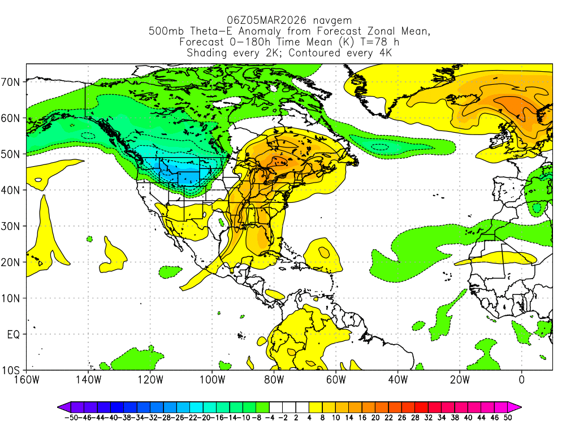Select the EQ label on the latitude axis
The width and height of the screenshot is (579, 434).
(x=14, y=335)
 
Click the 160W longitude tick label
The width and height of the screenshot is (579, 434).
(x=26, y=379)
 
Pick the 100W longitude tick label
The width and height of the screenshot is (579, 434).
(x=211, y=379)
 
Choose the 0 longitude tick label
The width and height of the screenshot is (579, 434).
(x=521, y=379)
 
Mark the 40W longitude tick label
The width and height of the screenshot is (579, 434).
(x=397, y=379)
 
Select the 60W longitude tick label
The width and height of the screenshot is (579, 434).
(x=335, y=379)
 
